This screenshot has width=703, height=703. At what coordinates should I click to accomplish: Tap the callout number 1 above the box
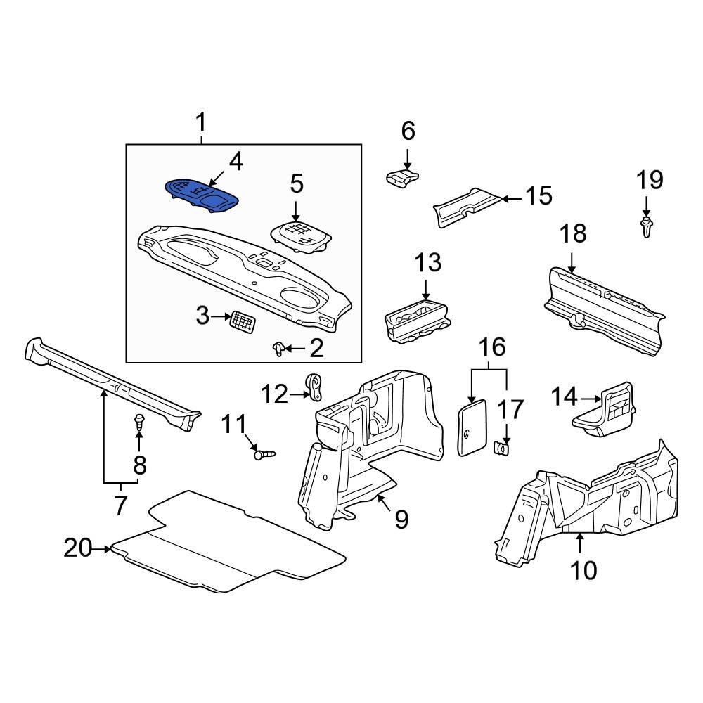tap(201, 124)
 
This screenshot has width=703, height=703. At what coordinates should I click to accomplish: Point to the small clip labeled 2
tap(280, 347)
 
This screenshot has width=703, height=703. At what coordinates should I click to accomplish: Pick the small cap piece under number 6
tap(402, 177)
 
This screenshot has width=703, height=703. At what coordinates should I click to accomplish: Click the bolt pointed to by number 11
tap(265, 455)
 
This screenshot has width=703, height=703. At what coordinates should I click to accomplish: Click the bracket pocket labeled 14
tap(606, 411)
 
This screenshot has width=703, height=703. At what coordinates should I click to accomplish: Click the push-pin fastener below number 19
tap(647, 228)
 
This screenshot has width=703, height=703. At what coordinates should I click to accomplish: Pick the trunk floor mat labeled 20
tap(225, 541)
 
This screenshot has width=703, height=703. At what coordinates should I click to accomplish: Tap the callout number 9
tap(400, 520)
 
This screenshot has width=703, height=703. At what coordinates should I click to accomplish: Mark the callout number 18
tap(573, 234)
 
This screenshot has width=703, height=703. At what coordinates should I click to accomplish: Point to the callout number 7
tap(120, 504)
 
